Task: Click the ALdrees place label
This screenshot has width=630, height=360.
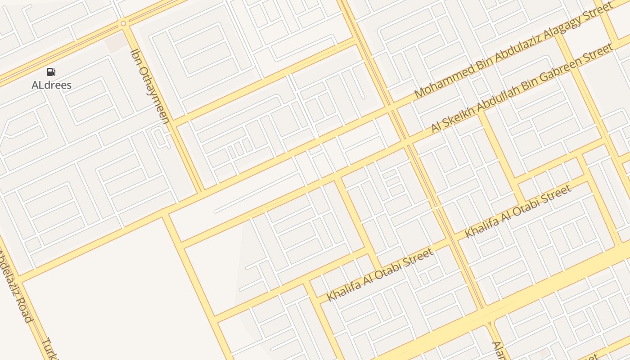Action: click(x=51, y=85)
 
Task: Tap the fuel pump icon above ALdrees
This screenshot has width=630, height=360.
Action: click(x=51, y=72)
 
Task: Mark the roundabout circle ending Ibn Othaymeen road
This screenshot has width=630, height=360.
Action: click(x=123, y=23)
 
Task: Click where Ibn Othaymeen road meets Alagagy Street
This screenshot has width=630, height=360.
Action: click(x=200, y=191)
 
